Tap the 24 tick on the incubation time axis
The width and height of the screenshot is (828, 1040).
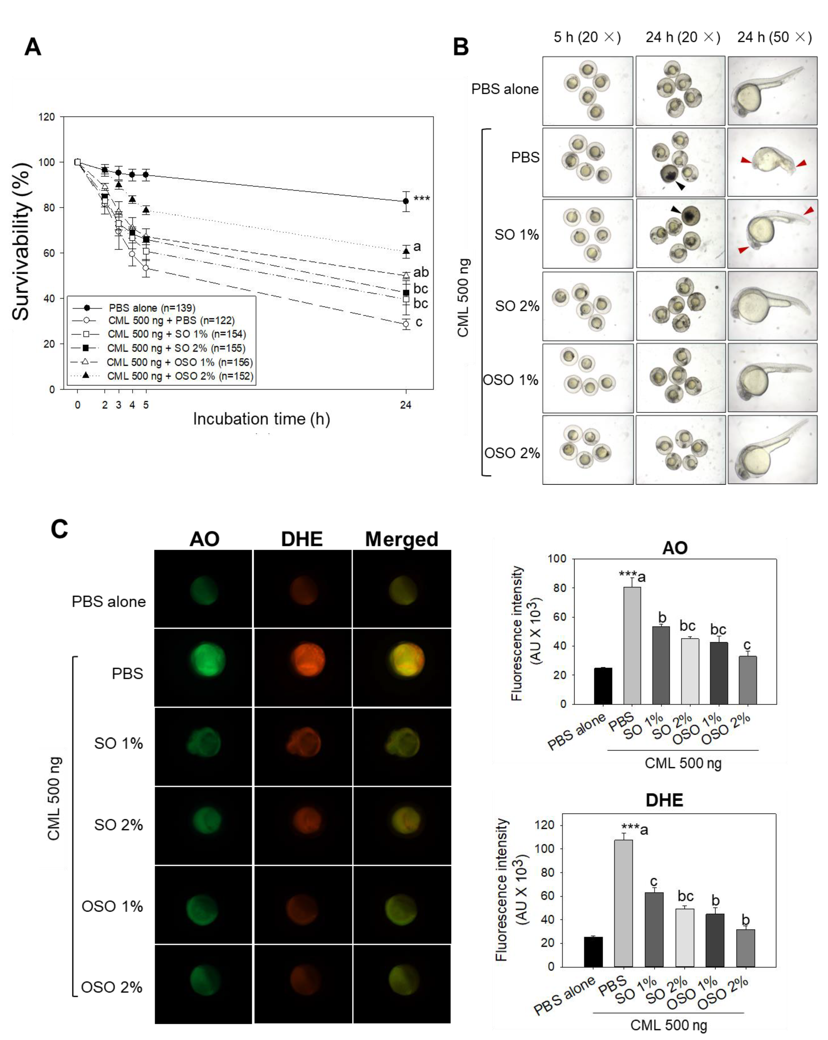point(406,405)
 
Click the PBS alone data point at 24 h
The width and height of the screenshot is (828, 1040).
point(406,201)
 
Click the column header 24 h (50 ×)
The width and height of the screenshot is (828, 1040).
point(774,37)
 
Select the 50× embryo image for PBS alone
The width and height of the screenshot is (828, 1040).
point(772,91)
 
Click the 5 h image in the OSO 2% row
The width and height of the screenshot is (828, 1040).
point(587,450)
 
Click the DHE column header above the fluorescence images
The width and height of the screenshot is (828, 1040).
point(302,539)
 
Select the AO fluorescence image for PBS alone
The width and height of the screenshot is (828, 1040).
point(203,589)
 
